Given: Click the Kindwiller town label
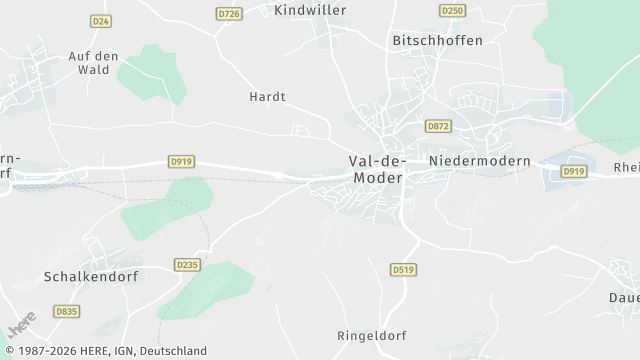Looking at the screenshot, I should point(310,9).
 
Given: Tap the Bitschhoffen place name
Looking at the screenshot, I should point(436,41).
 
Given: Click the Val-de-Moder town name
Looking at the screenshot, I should point(376,168).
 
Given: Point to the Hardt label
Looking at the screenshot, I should point(267,97).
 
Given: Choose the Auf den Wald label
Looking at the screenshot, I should point(100,63).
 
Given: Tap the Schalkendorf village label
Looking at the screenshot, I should point(90,275).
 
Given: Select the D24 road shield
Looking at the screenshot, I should point(100,20).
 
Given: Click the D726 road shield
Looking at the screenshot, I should point(229,13).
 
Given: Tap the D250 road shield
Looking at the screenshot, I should point(452,11).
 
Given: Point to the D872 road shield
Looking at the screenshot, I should point(437,126).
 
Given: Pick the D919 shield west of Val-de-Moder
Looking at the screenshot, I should point(180,162).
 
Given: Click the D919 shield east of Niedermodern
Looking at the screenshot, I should point(573,172).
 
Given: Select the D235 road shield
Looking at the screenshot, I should point(187,265).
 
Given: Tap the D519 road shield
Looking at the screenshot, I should point(403,270).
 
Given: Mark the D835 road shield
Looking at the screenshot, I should point(66,312).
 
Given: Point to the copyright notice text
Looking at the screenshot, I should point(104,351).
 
